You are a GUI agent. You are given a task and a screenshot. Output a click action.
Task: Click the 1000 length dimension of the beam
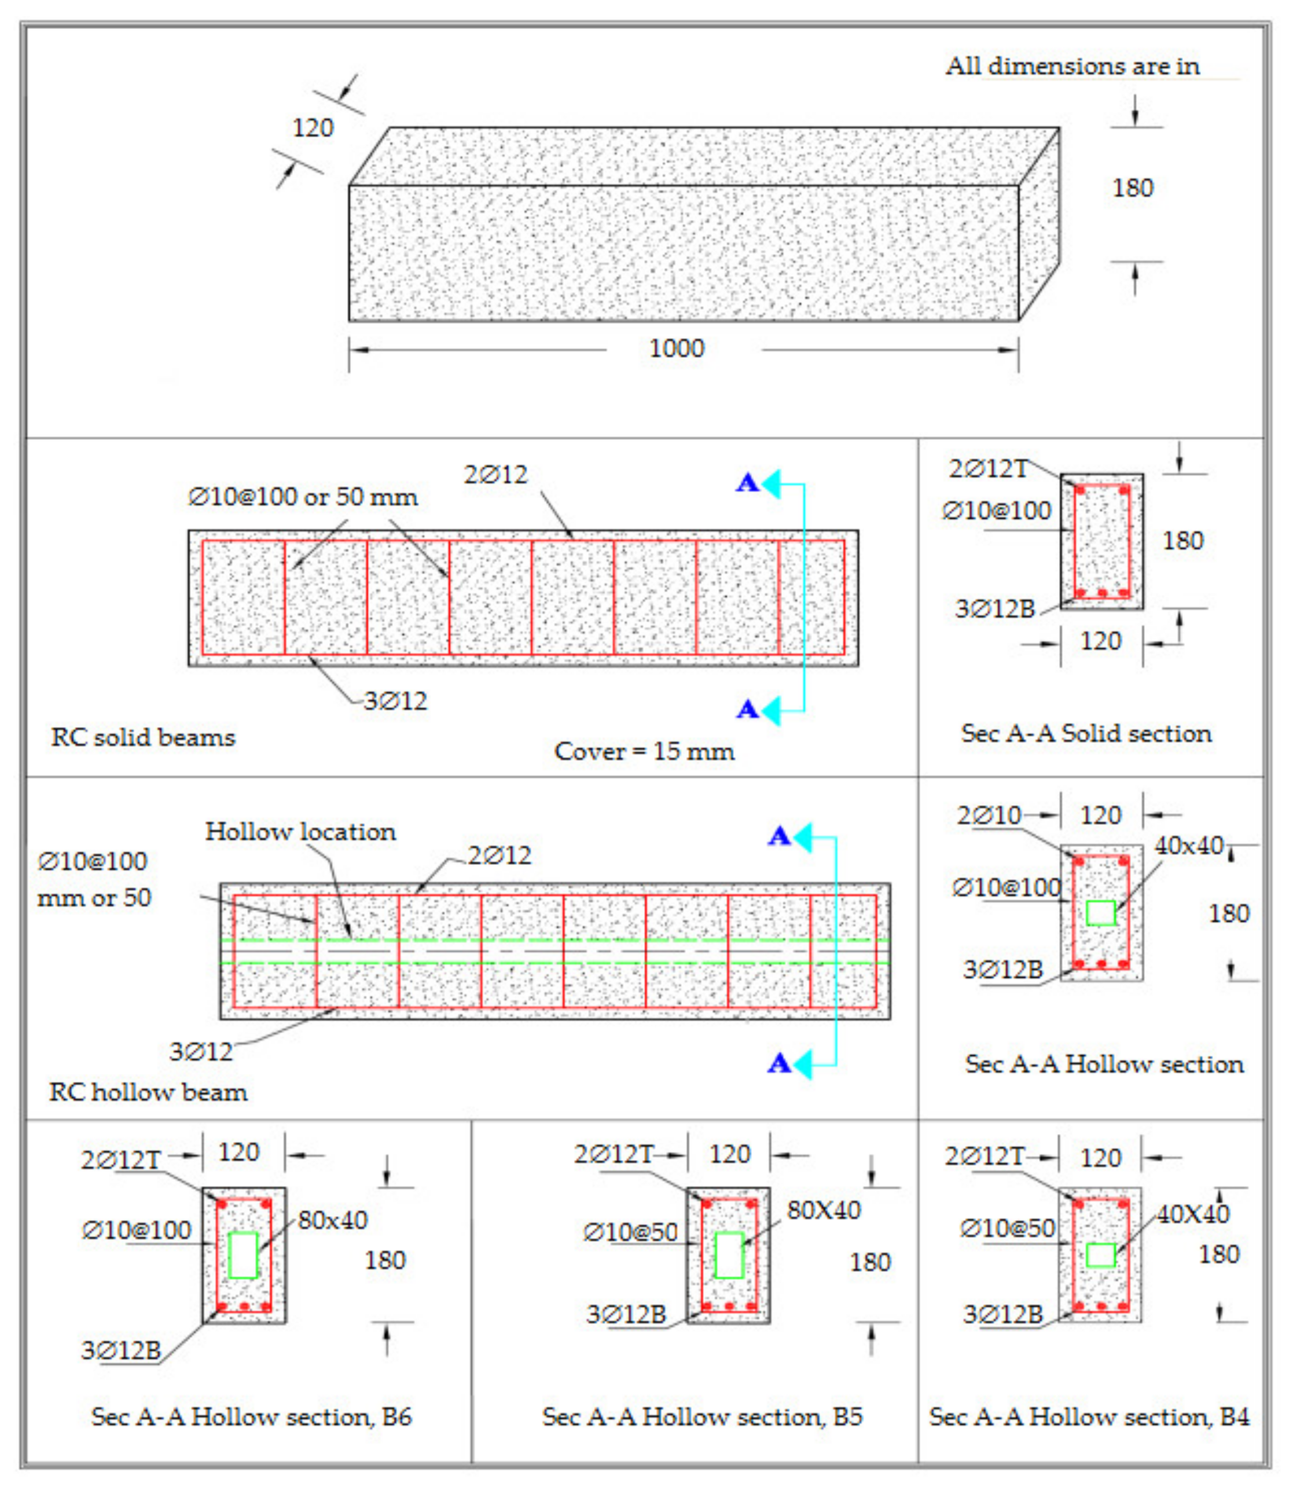click(x=676, y=348)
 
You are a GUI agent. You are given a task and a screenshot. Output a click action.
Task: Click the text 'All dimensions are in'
click(x=1072, y=67)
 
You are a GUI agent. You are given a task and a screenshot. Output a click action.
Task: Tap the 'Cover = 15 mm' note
click(x=644, y=751)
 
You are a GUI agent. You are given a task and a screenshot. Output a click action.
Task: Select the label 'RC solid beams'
click(x=143, y=737)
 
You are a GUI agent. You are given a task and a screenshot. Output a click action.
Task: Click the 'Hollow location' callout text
click(x=300, y=831)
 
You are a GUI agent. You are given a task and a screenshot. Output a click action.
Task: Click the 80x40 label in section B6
click(x=333, y=1220)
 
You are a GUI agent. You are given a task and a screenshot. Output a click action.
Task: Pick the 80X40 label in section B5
click(x=823, y=1210)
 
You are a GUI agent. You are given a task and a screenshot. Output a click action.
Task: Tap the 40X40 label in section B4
click(x=1193, y=1214)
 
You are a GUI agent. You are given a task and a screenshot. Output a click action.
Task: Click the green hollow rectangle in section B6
click(x=243, y=1256)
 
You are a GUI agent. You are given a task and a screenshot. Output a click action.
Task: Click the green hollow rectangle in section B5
click(x=729, y=1256)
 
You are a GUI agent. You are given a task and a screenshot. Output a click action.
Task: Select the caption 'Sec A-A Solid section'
click(x=1086, y=733)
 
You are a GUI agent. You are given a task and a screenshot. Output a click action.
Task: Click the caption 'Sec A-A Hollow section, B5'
click(x=702, y=1416)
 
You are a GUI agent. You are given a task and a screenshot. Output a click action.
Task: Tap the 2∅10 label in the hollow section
click(x=989, y=816)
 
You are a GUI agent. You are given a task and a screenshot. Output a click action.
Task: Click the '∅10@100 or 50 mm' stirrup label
click(x=303, y=497)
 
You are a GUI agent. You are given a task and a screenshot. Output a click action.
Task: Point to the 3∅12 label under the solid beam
click(x=395, y=700)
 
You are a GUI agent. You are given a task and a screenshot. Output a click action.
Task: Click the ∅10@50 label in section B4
click(x=1007, y=1228)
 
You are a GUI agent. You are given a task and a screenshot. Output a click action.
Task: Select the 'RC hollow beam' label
click(x=148, y=1092)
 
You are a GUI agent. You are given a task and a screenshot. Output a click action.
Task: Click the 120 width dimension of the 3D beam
click(x=313, y=128)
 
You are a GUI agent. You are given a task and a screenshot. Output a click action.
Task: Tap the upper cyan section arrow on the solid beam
click(x=770, y=483)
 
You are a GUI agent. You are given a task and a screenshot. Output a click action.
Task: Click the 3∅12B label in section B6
click(x=121, y=1350)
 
